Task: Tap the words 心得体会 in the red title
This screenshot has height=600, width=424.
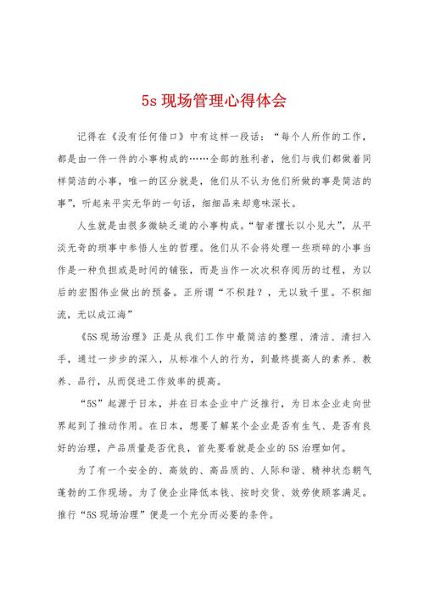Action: (x=254, y=101)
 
